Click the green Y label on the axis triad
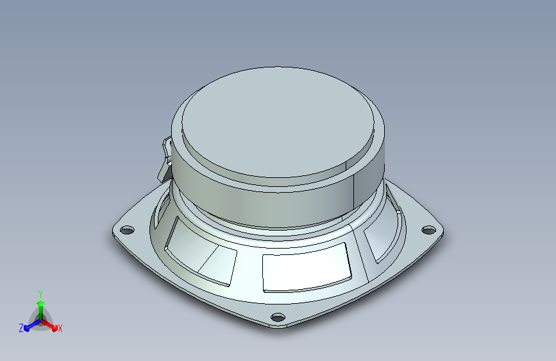pyautogui.click(x=40, y=294)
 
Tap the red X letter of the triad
pyautogui.click(x=60, y=329)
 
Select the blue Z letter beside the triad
pyautogui.click(x=21, y=328)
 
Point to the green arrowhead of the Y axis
pyautogui.click(x=41, y=303)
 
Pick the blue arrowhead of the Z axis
pyautogui.click(x=27, y=328)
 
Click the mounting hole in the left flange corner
pyautogui.click(x=128, y=230)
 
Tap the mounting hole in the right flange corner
pyautogui.click(x=428, y=230)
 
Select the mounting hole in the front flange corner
pyautogui.click(x=278, y=317)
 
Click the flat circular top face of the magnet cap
pyautogui.click(x=278, y=122)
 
